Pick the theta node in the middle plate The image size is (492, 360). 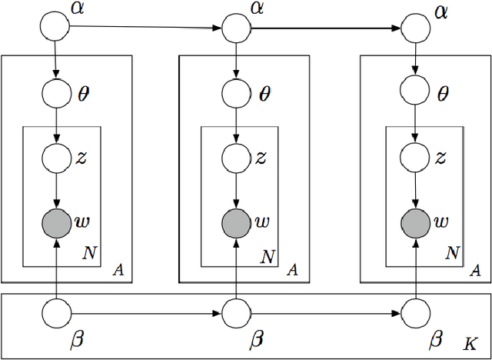(237, 93)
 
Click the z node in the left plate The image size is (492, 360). (55, 158)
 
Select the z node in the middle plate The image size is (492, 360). (237, 158)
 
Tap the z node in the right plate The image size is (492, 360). (417, 158)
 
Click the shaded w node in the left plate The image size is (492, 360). (55, 223)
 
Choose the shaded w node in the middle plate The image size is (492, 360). (237, 223)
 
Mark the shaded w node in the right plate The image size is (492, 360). (417, 223)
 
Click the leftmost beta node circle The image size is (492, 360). (55, 313)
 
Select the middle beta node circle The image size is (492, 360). (237, 313)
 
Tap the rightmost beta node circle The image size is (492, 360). (417, 313)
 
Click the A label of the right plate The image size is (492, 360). (475, 270)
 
